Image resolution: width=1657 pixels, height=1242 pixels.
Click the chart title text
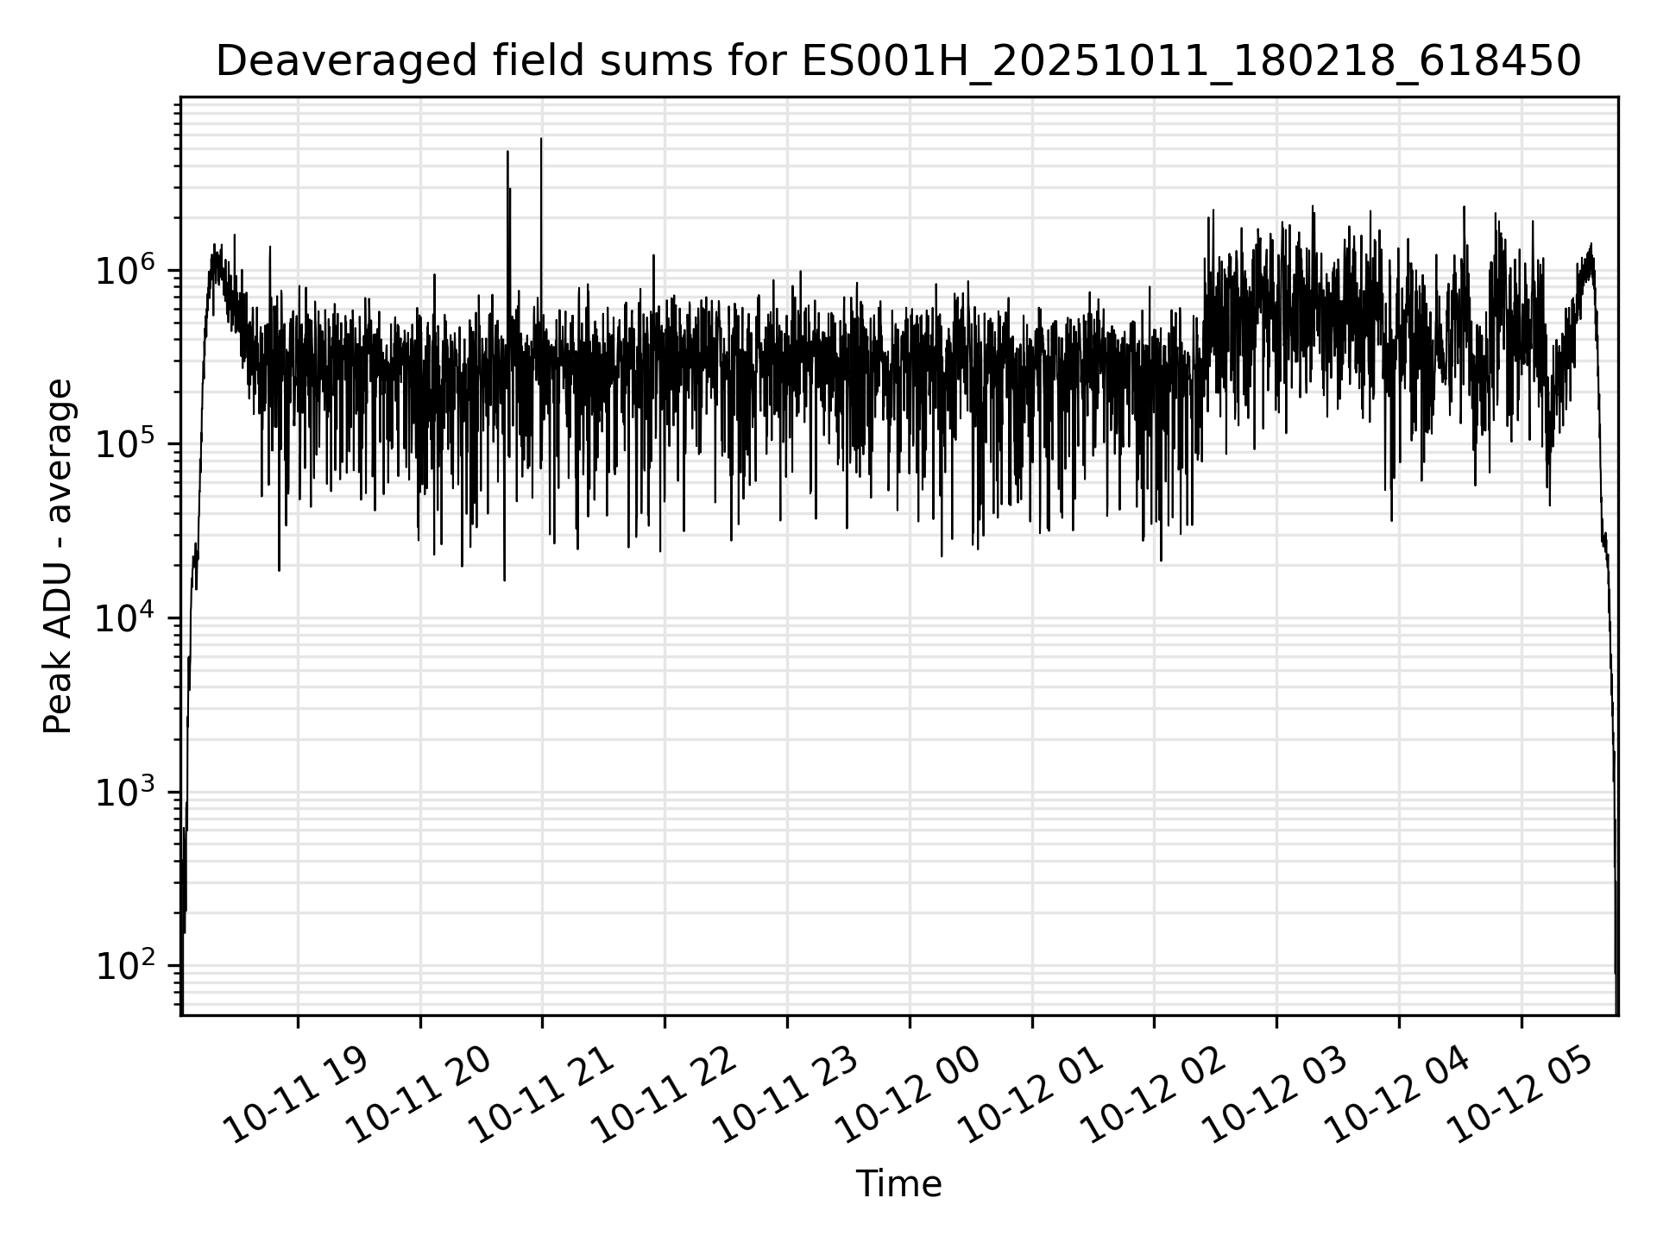pos(898,62)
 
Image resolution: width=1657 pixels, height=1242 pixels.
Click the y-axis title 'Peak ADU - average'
pos(59,556)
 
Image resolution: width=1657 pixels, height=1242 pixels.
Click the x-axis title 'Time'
pos(898,1184)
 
